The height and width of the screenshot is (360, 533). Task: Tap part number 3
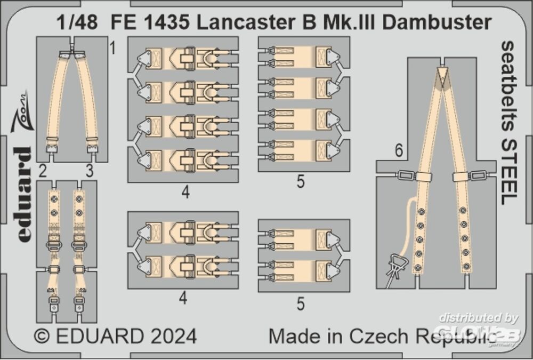(89, 171)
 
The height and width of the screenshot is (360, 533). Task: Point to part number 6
(398, 152)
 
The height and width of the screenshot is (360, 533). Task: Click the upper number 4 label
(184, 192)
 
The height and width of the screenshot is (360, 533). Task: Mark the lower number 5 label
(300, 303)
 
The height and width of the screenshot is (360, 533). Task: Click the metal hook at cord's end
(396, 265)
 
